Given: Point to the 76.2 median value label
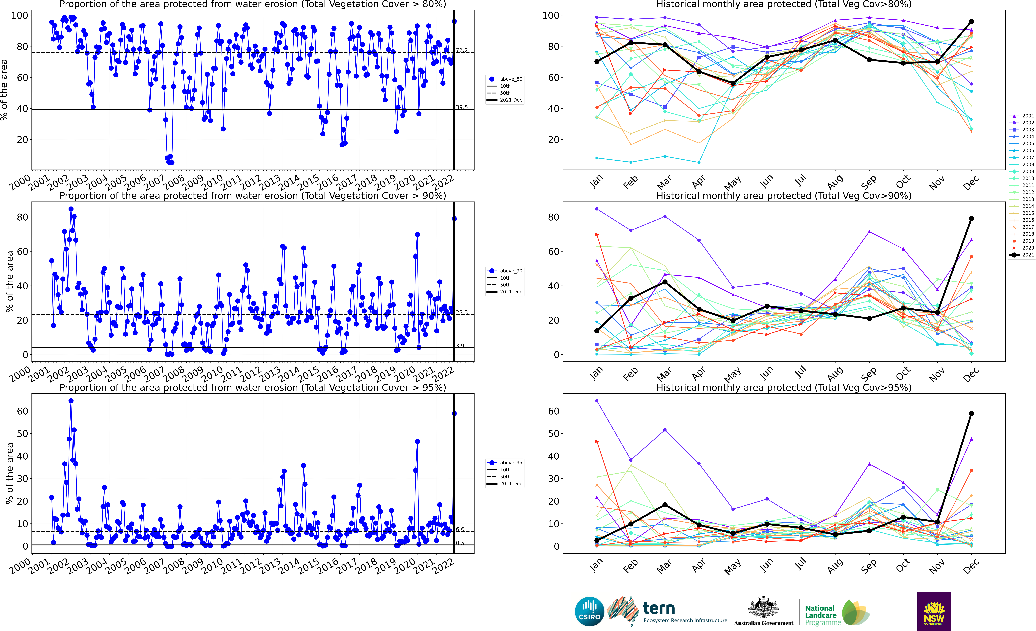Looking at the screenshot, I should click(462, 50).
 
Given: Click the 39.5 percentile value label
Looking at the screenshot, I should click(462, 107).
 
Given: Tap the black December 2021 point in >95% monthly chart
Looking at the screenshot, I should click(971, 414).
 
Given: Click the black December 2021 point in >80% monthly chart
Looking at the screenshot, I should click(971, 21).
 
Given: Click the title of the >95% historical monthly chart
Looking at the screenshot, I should click(784, 387).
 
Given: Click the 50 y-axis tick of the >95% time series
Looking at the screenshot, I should click(22, 434).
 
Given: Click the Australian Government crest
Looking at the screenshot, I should click(763, 608).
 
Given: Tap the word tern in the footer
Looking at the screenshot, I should click(659, 608).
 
